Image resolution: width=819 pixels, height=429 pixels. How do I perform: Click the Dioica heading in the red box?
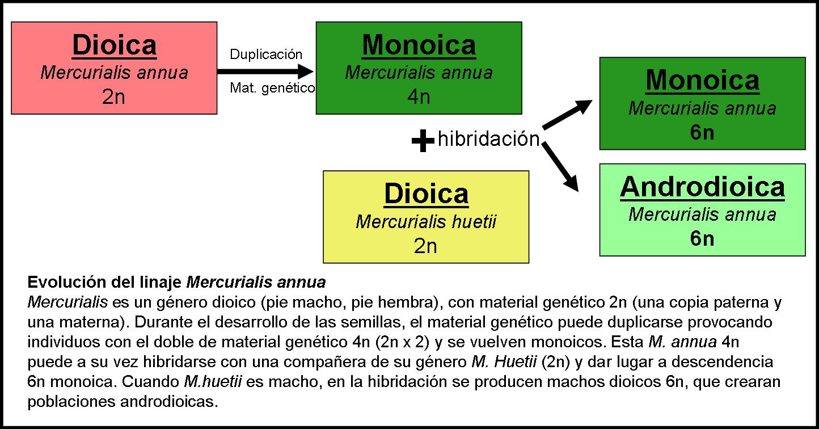(x=114, y=45)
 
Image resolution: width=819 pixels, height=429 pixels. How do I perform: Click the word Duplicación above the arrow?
(x=266, y=54)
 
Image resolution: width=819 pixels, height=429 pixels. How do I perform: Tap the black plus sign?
(x=423, y=140)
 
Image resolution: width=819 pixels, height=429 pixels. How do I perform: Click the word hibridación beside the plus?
(x=488, y=139)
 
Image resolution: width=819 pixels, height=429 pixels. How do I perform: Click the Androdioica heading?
(x=702, y=187)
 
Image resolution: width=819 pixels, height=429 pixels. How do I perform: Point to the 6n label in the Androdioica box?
(x=702, y=239)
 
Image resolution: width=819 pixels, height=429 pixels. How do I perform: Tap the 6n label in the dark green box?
(x=702, y=132)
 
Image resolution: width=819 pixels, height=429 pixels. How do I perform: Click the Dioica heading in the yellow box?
(x=426, y=194)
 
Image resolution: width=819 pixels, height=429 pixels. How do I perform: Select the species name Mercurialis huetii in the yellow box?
(x=426, y=222)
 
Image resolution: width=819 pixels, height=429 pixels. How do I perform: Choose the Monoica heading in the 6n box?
(x=702, y=80)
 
